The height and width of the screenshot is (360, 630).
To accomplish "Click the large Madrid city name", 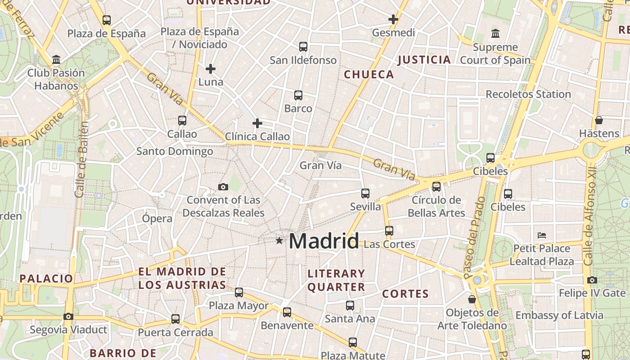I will [x=324, y=241].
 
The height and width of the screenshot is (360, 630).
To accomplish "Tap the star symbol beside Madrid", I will [x=279, y=241].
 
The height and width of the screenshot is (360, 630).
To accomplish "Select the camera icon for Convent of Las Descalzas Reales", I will [x=223, y=187].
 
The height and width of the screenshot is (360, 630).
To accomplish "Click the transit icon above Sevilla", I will [x=365, y=193].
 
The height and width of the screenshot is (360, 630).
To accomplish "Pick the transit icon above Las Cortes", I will [x=389, y=231].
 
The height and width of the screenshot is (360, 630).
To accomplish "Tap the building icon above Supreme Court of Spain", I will [x=495, y=34].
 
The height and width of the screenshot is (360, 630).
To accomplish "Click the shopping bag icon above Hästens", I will [x=599, y=120].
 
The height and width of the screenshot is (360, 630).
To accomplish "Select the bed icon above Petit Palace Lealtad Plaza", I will [x=542, y=235].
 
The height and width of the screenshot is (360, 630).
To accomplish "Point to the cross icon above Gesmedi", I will [x=393, y=19].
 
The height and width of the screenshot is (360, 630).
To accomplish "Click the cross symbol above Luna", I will [x=211, y=69].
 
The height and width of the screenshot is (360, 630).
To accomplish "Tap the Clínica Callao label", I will [x=257, y=136].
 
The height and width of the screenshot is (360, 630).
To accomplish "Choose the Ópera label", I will [x=157, y=219].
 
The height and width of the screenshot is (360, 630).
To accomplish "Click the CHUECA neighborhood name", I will [x=369, y=75].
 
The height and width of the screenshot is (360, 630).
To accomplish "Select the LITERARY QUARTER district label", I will [x=336, y=280].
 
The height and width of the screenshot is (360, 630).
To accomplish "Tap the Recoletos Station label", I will [x=528, y=94].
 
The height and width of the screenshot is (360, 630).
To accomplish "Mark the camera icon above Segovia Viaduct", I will [x=68, y=316].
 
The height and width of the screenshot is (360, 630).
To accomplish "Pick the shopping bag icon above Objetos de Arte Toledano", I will [x=472, y=299].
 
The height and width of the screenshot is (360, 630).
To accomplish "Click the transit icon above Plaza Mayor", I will [x=239, y=292].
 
